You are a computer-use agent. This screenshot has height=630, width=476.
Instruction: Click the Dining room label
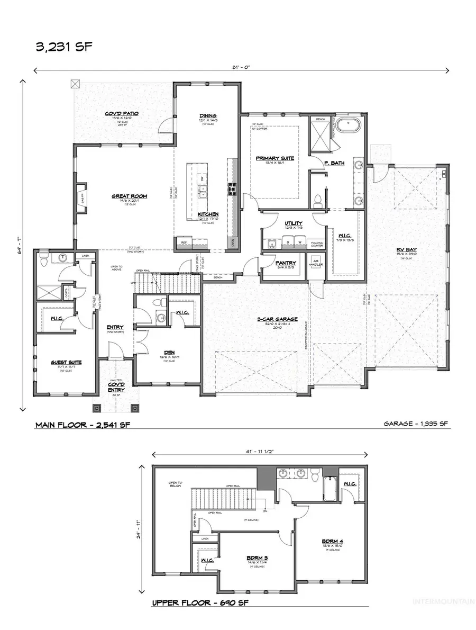208,116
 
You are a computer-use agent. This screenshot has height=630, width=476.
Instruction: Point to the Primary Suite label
274,158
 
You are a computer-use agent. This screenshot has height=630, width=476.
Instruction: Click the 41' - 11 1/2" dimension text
260,452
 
